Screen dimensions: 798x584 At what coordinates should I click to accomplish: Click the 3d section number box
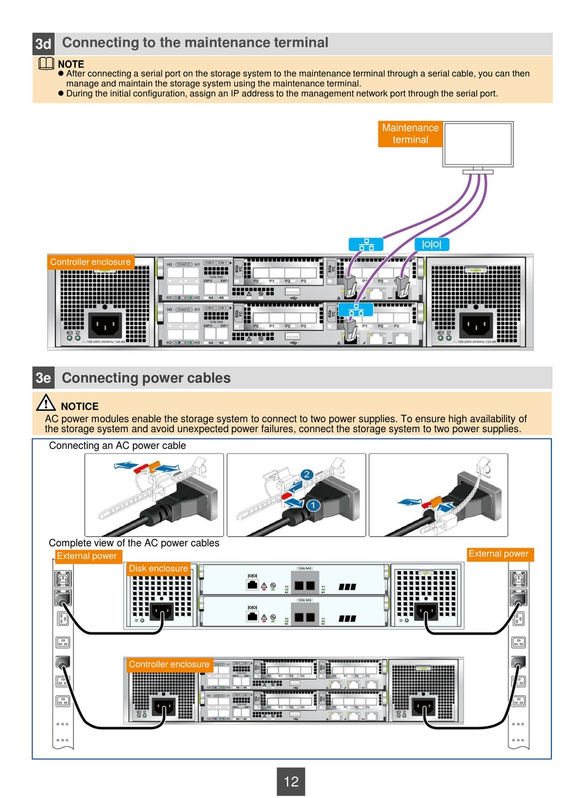(x=43, y=44)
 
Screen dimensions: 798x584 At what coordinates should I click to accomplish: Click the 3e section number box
(x=43, y=377)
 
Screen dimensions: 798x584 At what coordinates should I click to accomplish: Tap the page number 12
(x=291, y=781)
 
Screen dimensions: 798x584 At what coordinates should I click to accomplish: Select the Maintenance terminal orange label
(x=410, y=134)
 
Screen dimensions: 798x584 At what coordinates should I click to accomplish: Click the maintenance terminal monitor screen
(x=478, y=144)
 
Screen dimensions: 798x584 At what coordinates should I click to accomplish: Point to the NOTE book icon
(x=46, y=63)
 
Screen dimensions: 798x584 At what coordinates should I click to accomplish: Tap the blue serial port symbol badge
(x=432, y=244)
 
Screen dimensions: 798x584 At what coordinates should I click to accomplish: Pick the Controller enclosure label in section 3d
(x=90, y=262)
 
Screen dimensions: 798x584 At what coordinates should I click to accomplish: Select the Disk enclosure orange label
(x=158, y=569)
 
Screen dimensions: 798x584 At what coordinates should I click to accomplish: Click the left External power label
(x=87, y=556)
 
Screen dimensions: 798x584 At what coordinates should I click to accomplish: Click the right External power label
(x=498, y=554)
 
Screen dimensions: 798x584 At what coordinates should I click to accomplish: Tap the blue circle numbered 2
(x=306, y=475)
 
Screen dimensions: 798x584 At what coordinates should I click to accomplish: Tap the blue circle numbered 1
(x=312, y=505)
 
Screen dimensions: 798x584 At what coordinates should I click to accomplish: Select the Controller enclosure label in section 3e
(x=169, y=665)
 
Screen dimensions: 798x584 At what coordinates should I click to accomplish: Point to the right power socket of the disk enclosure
(x=430, y=612)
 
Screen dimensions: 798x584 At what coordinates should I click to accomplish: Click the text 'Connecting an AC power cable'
(x=117, y=446)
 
